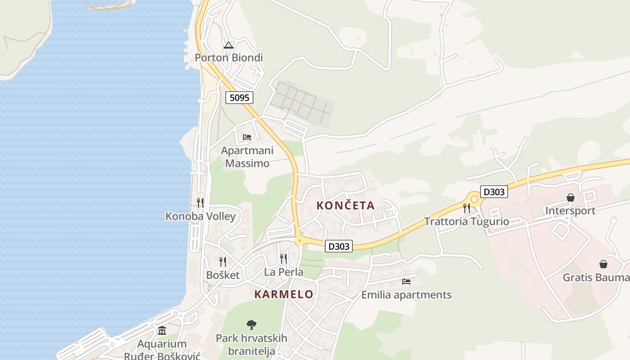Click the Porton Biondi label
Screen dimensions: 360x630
pyautogui.click(x=229, y=58)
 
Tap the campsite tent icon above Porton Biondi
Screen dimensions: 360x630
pyautogui.click(x=229, y=45)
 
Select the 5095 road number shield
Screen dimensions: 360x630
pyautogui.click(x=239, y=97)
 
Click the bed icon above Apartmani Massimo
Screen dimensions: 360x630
pyautogui.click(x=247, y=137)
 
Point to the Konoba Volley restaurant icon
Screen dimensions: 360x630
pyautogui.click(x=200, y=203)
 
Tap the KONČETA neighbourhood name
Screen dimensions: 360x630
pyautogui.click(x=345, y=206)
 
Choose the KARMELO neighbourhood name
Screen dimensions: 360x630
pyautogui.click(x=283, y=294)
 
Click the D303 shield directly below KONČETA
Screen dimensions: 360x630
pyautogui.click(x=338, y=246)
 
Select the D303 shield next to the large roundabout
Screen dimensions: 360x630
pyautogui.click(x=494, y=192)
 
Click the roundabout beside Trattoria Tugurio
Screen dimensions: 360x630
pyautogui.click(x=474, y=199)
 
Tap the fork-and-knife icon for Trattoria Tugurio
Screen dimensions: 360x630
pyautogui.click(x=467, y=208)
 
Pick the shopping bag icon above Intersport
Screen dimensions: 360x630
pyautogui.click(x=570, y=198)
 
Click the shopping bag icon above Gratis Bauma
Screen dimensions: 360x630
pyautogui.click(x=603, y=264)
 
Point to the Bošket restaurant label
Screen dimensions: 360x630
pyautogui.click(x=223, y=275)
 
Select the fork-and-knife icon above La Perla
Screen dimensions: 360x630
pyautogui.click(x=283, y=259)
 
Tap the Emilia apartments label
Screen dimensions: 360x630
pyautogui.click(x=406, y=295)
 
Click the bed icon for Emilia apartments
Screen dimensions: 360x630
pyautogui.click(x=406, y=282)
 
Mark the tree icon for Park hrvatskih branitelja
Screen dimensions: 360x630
pyautogui.click(x=251, y=324)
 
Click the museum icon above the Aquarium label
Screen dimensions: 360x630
pyautogui.click(x=162, y=331)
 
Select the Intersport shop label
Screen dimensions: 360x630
pyautogui.click(x=570, y=211)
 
